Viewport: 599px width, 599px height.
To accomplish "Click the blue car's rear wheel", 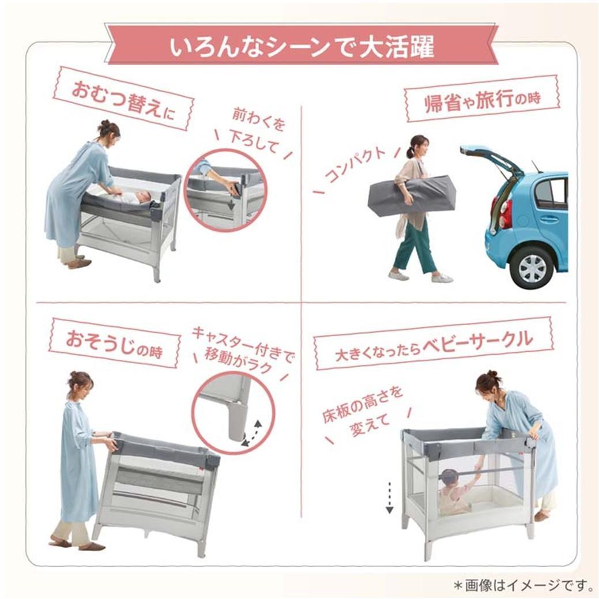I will (532, 268).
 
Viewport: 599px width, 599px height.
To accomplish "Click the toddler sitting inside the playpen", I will (452, 491).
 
